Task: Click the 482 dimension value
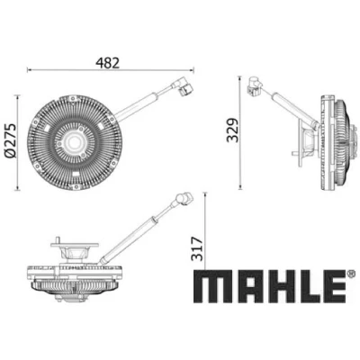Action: coord(108,63)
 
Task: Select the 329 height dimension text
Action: coord(233,130)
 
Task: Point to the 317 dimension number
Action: coord(198,249)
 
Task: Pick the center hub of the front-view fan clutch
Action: coord(72,142)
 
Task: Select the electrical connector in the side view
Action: coord(255,86)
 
